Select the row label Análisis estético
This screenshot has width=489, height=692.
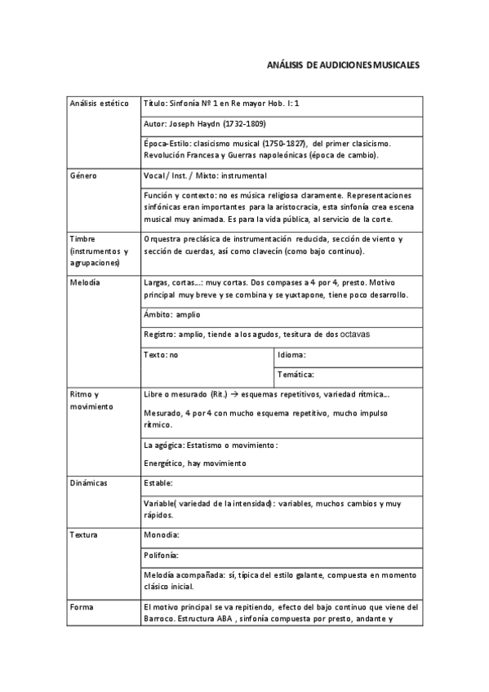coord(100,104)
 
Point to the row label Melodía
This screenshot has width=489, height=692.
coord(85,282)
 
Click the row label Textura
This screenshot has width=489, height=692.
coord(84,535)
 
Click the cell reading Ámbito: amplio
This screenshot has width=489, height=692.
coord(171,314)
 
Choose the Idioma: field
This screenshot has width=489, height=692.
coord(291,355)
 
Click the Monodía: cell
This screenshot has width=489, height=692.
coord(161,535)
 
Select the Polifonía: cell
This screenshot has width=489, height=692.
coord(161,555)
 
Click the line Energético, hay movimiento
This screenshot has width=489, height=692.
coord(194,464)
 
